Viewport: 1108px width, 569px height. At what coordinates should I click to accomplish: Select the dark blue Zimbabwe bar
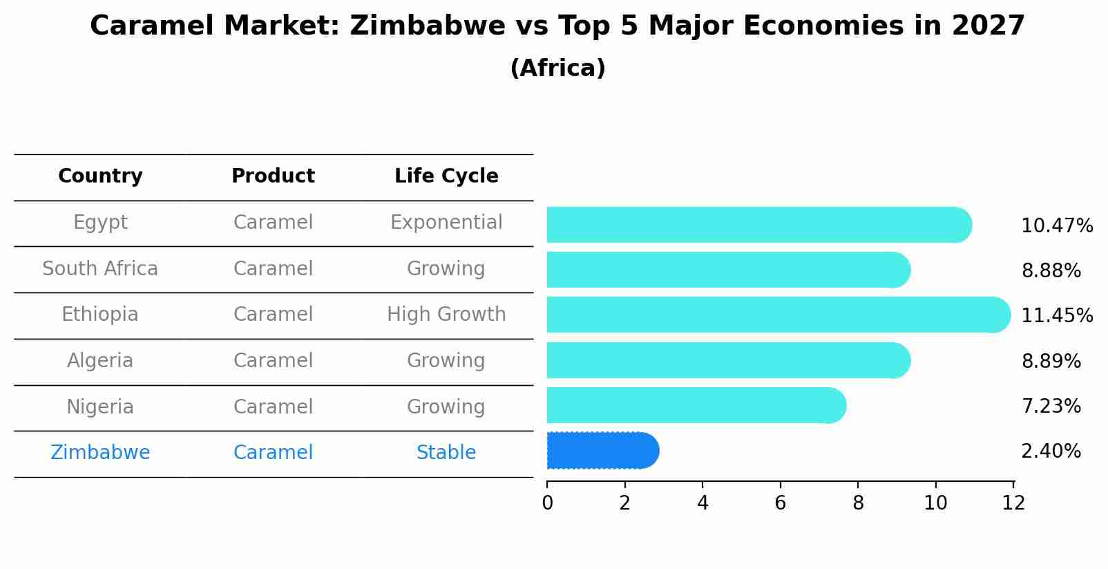(601, 451)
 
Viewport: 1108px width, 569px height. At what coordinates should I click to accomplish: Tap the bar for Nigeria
(694, 405)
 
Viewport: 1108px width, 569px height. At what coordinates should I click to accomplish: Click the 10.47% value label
(1056, 226)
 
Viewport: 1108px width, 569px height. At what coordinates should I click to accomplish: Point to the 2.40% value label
(1050, 451)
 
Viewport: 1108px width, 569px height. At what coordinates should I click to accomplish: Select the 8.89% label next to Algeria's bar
(1050, 361)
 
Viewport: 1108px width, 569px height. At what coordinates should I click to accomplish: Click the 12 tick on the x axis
(1013, 503)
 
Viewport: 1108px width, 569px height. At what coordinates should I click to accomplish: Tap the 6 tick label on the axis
(780, 503)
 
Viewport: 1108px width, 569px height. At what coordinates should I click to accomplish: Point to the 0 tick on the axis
(547, 503)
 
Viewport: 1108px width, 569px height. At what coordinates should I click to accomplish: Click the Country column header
(100, 176)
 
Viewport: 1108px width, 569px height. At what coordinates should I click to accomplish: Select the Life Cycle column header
(446, 176)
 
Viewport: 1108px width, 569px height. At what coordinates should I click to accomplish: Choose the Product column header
(273, 176)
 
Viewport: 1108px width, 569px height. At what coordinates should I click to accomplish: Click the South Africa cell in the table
(100, 268)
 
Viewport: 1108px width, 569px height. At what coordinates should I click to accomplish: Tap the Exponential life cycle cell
(446, 223)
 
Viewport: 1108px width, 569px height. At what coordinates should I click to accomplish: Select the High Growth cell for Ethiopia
(446, 315)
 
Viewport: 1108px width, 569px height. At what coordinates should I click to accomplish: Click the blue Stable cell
(446, 453)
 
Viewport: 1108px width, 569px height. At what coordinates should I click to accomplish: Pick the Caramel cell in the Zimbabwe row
(273, 453)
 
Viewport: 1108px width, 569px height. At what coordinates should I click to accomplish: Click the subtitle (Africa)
(557, 68)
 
